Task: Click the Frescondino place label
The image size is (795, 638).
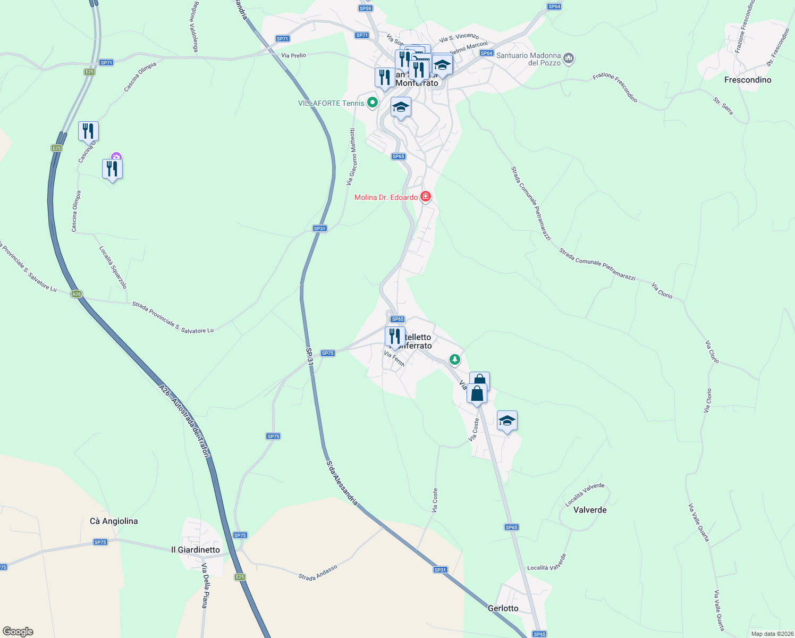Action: [x=747, y=80]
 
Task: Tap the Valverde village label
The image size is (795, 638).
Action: [x=590, y=510]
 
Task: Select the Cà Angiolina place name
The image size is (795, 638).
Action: [x=114, y=521]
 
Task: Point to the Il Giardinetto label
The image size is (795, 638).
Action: [x=196, y=550]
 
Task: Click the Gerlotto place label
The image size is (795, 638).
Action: [x=503, y=608]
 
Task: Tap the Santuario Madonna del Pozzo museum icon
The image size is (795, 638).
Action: [x=569, y=58]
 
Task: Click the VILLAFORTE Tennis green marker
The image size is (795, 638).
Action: [x=372, y=103]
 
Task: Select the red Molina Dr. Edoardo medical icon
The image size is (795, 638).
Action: [x=425, y=197]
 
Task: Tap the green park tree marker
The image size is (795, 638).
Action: [x=454, y=360]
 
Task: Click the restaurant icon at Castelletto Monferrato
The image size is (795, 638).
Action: [x=394, y=337]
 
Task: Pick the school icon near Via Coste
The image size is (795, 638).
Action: [x=507, y=421]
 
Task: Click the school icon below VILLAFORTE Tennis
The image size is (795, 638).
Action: [x=401, y=107]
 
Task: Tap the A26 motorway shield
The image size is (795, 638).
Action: [x=77, y=294]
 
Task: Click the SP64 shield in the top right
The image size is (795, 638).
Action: [x=554, y=6]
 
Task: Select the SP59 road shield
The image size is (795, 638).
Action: [x=365, y=8]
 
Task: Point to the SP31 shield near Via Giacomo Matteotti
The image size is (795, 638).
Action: [x=319, y=229]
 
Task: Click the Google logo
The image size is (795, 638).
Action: [x=18, y=632]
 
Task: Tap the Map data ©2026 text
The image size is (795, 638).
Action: [x=771, y=634]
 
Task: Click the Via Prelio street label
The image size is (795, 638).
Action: [x=293, y=55]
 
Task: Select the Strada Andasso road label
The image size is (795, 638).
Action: [x=318, y=573]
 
